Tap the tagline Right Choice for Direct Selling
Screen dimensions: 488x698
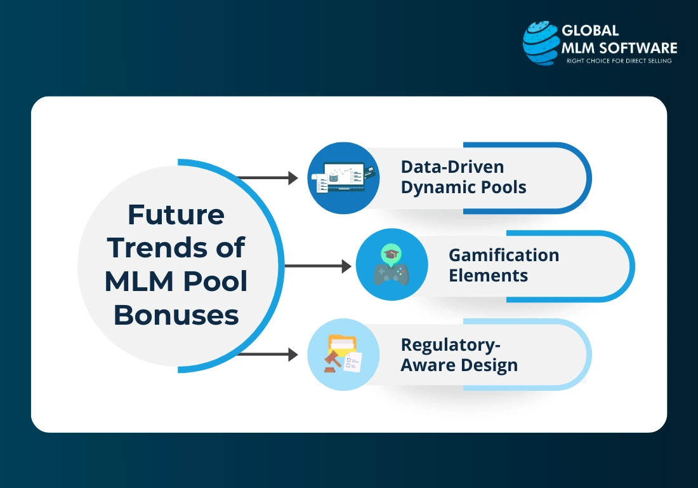point(618,61)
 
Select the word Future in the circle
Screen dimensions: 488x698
point(176,215)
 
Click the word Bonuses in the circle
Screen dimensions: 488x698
point(176,315)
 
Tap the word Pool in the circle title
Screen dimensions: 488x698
point(217,281)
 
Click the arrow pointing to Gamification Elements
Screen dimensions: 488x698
point(317,266)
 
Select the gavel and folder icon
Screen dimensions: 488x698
point(343,355)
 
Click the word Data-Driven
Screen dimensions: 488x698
point(452,167)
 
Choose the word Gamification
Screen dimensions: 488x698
point(504,255)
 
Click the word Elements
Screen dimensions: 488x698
point(488,276)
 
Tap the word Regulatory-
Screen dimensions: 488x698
point(451,344)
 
